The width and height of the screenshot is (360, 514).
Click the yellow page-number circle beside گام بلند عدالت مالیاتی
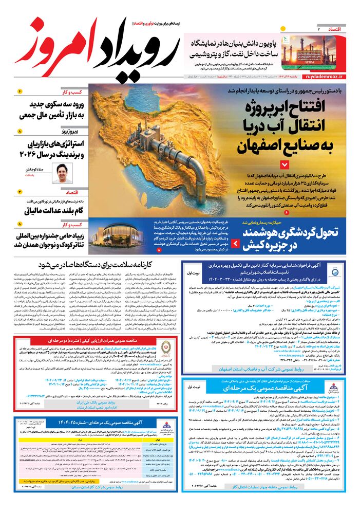[x=20, y=191]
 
